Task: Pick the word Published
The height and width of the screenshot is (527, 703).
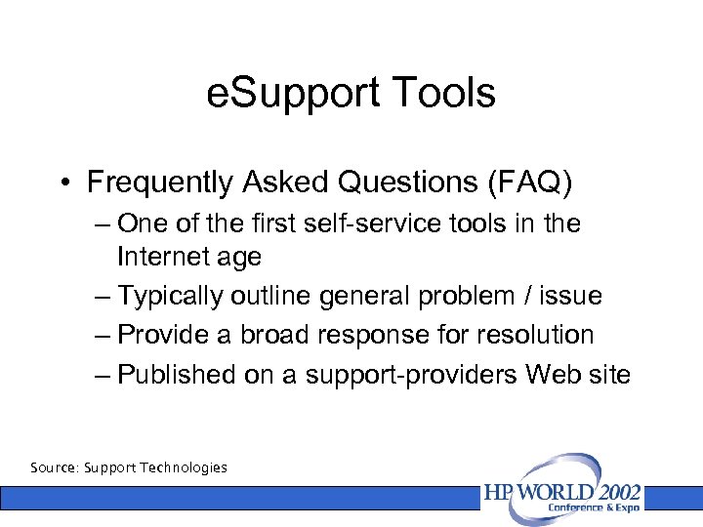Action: (177, 374)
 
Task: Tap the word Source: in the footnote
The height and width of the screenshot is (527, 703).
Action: (55, 467)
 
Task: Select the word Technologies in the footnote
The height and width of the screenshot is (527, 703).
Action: (183, 467)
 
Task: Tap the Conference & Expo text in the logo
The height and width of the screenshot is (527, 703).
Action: (595, 507)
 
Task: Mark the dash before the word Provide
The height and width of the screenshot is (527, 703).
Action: (104, 335)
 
